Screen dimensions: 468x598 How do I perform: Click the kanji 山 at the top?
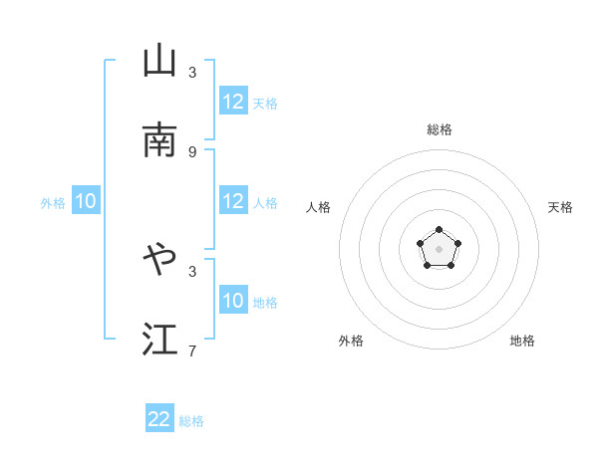(159, 61)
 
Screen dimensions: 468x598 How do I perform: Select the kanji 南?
(159, 140)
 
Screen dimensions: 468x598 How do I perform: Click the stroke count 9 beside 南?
(192, 151)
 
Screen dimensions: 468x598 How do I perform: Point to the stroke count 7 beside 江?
(192, 351)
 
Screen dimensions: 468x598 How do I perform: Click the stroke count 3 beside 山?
(192, 72)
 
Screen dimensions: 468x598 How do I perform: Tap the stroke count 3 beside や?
(192, 271)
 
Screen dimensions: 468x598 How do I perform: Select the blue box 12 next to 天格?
(233, 102)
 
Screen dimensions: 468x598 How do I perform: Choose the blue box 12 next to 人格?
(233, 201)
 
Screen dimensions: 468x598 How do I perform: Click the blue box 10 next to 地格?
(233, 301)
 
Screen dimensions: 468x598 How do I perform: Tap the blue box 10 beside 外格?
(86, 201)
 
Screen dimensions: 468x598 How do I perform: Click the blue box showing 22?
(159, 419)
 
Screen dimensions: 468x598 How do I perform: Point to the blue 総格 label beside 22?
(191, 421)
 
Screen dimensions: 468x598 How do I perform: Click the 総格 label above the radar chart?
(439, 129)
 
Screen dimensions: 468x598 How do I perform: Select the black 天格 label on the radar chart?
(561, 207)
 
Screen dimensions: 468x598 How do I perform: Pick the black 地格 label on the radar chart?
(522, 341)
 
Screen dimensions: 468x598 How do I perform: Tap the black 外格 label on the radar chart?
(351, 341)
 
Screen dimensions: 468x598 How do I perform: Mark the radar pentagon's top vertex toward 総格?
(439, 230)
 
